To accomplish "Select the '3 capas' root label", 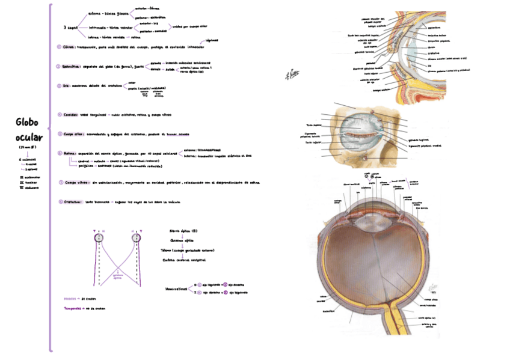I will tap(70, 27).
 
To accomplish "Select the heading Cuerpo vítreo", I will tap(75, 182).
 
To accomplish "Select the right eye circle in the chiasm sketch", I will tap(135, 238).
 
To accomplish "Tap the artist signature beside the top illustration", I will tap(293, 73).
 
